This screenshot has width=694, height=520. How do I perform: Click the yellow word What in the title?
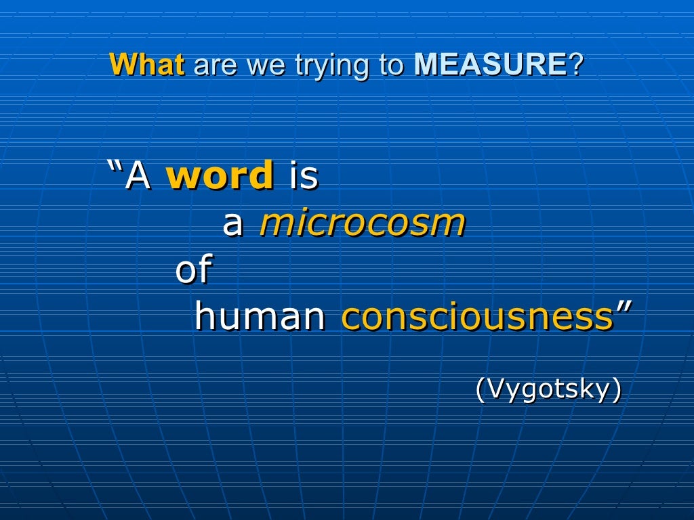pyautogui.click(x=146, y=65)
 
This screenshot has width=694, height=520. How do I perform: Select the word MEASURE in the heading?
pyautogui.click(x=490, y=65)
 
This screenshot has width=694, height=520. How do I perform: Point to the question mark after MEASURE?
pyautogui.click(x=575, y=65)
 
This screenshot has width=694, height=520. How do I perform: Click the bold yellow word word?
pyautogui.click(x=220, y=175)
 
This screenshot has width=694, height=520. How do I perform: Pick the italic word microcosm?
pyautogui.click(x=362, y=223)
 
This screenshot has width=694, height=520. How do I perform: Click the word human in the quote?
pyautogui.click(x=260, y=317)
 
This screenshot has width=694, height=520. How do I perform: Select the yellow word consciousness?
pyautogui.click(x=477, y=317)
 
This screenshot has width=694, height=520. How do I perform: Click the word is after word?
pyautogui.click(x=304, y=175)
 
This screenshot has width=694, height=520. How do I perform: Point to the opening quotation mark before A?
pyautogui.click(x=115, y=167)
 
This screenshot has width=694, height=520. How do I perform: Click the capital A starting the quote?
pyautogui.click(x=138, y=175)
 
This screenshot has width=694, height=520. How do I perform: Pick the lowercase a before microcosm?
pyautogui.click(x=232, y=224)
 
